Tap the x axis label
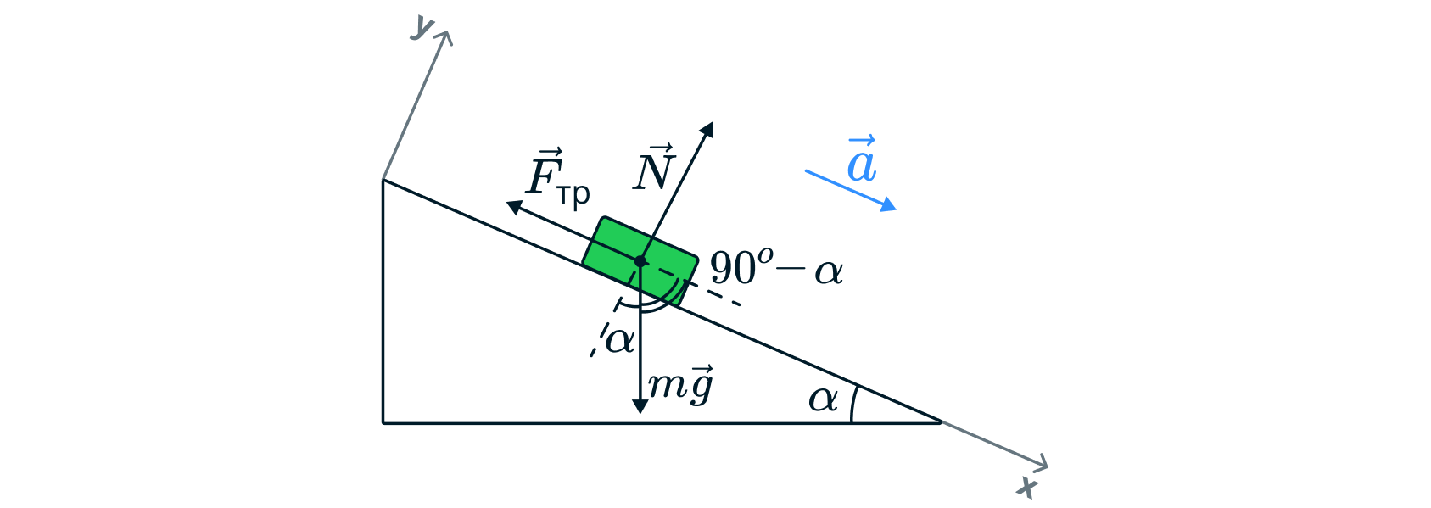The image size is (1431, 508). (x=1028, y=487)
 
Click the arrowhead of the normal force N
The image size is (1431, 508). (x=708, y=126)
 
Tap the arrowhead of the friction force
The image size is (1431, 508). (x=511, y=204)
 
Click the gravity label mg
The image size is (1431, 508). (x=680, y=386)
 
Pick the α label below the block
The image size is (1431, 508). (x=619, y=341)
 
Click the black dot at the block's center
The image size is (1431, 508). (x=640, y=261)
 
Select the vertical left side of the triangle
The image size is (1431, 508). (x=383, y=305)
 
